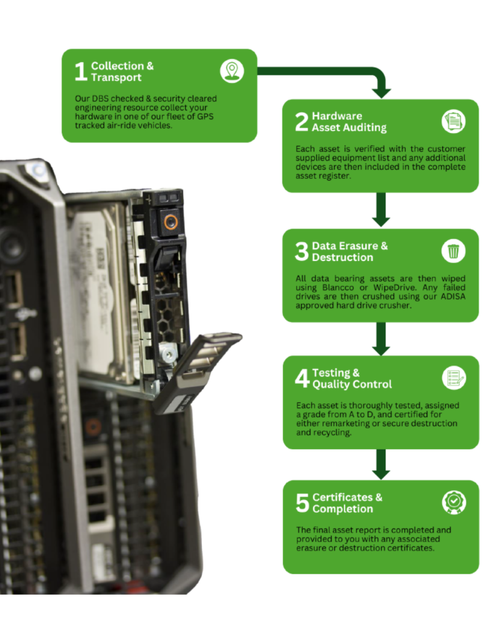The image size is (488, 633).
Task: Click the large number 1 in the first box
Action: coord(80,72)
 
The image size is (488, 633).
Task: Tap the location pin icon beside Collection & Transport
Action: coord(232,71)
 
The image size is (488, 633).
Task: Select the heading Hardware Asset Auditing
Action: coord(349,122)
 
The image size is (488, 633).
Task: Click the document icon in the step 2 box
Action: coord(453,121)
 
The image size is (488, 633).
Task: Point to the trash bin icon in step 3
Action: coord(453,251)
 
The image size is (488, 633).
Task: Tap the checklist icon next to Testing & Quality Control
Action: coord(453,378)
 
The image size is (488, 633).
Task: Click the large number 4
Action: coord(301,379)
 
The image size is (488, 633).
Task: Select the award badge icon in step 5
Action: coord(453,502)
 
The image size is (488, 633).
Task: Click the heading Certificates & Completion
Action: coord(347,503)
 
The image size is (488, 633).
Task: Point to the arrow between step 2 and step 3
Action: coord(381,211)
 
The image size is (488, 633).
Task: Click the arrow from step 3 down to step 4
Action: coord(381,339)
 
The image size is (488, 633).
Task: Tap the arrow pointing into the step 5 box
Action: coord(381,465)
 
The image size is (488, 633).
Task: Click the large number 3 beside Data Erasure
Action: coord(301,252)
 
